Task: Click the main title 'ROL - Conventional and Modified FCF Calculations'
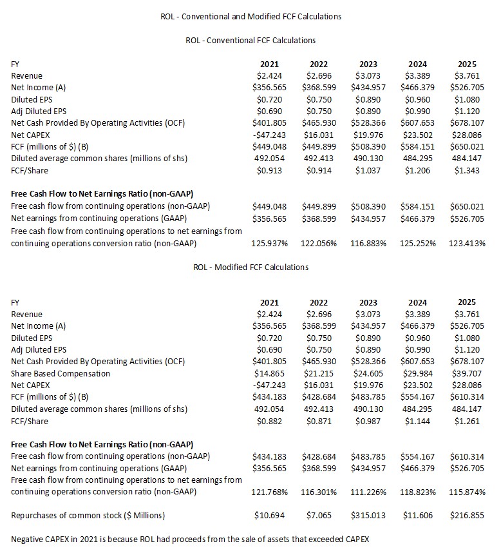point(250,16)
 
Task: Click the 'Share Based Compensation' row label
point(61,373)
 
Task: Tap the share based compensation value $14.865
point(271,373)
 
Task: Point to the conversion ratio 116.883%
point(368,243)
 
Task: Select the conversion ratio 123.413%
point(468,243)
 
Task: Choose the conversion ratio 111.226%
point(368,492)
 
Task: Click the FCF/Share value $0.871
point(321,421)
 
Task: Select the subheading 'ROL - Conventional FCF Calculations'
point(250,40)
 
